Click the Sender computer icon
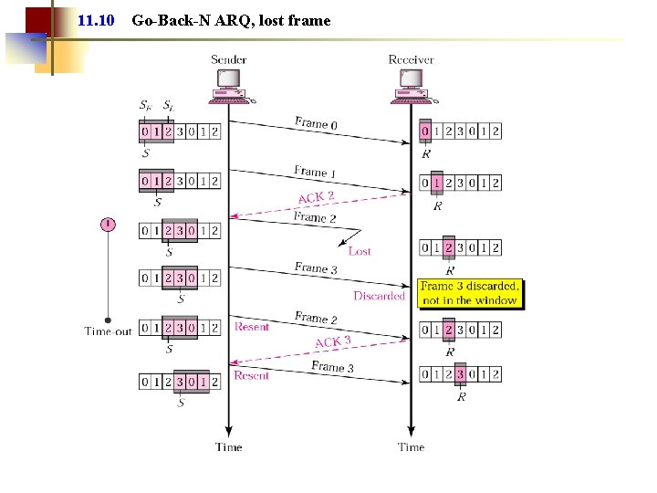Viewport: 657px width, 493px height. (x=229, y=83)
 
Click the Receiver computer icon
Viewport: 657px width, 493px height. (x=411, y=83)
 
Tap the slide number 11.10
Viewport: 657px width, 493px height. (x=97, y=19)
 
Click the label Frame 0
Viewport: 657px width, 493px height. (x=316, y=123)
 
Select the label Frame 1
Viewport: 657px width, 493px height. (x=316, y=172)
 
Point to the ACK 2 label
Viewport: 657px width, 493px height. (x=317, y=197)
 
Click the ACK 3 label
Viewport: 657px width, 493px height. (x=333, y=341)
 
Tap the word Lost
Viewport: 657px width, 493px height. (x=360, y=251)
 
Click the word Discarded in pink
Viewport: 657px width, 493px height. (x=379, y=296)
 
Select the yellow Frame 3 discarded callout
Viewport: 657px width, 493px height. (x=470, y=293)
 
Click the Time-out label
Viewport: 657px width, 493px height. (x=108, y=331)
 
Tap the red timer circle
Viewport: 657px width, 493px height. (x=108, y=224)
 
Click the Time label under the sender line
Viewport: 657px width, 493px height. (x=229, y=447)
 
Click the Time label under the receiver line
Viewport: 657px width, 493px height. (x=411, y=447)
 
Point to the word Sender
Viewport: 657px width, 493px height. (x=229, y=59)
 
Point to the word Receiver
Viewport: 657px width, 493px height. (x=411, y=59)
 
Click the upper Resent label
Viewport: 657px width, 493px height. (x=252, y=326)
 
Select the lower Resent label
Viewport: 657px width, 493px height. (x=252, y=375)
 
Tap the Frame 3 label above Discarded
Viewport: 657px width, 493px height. (x=316, y=268)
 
